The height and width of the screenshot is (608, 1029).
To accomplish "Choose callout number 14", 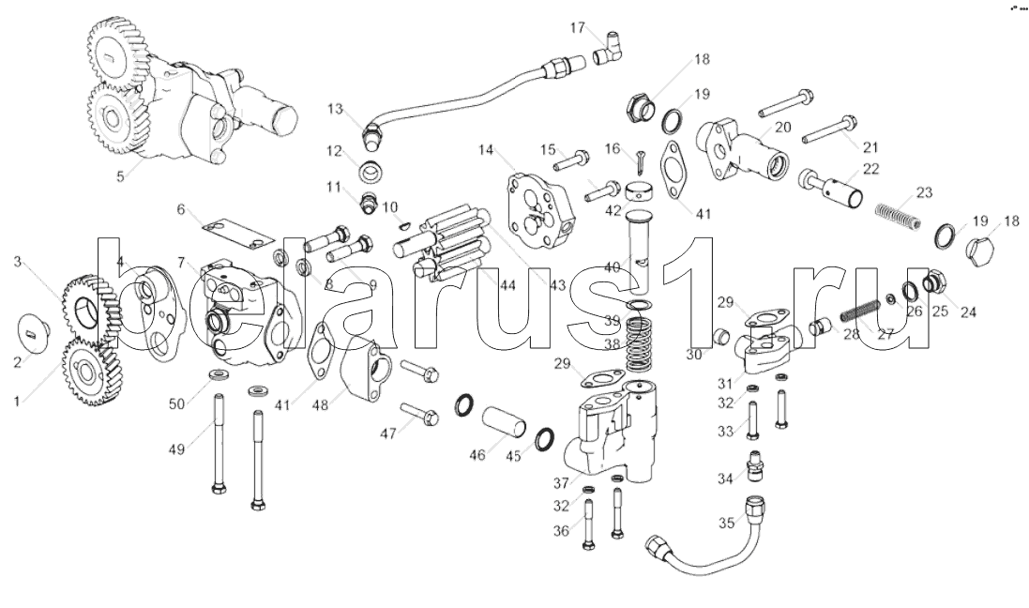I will [x=486, y=150].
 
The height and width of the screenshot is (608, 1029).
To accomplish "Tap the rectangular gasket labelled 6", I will [x=230, y=231].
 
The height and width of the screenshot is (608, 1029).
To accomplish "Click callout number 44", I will [x=507, y=284].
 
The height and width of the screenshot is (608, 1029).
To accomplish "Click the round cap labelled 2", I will [x=35, y=329].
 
